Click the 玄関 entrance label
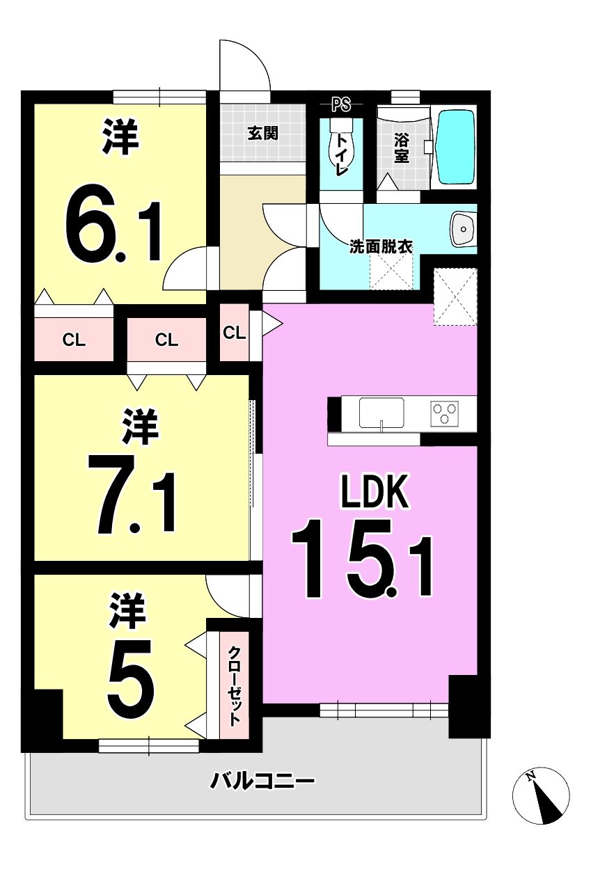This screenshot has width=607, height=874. [262, 134]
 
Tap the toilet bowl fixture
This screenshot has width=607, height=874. [339, 143]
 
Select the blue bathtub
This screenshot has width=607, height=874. [455, 148]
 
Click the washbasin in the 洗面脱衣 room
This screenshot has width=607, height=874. [464, 229]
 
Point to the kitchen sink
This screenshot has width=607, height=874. [381, 413]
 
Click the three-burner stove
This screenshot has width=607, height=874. [445, 413]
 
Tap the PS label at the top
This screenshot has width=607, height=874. [341, 104]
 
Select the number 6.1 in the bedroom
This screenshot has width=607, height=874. [113, 232]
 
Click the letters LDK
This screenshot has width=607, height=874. [375, 491]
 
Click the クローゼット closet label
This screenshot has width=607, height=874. [234, 686]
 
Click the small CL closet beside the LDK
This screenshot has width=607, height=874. [234, 333]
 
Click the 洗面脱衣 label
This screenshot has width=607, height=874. [381, 247]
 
